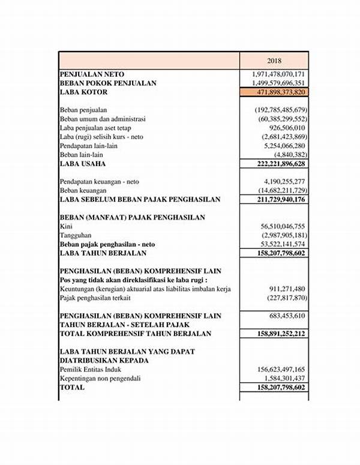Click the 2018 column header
[x=274, y=61]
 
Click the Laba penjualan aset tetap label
[x=95, y=128]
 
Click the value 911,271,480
[x=286, y=289]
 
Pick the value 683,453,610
[x=286, y=316]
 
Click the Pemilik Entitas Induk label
[x=90, y=370]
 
